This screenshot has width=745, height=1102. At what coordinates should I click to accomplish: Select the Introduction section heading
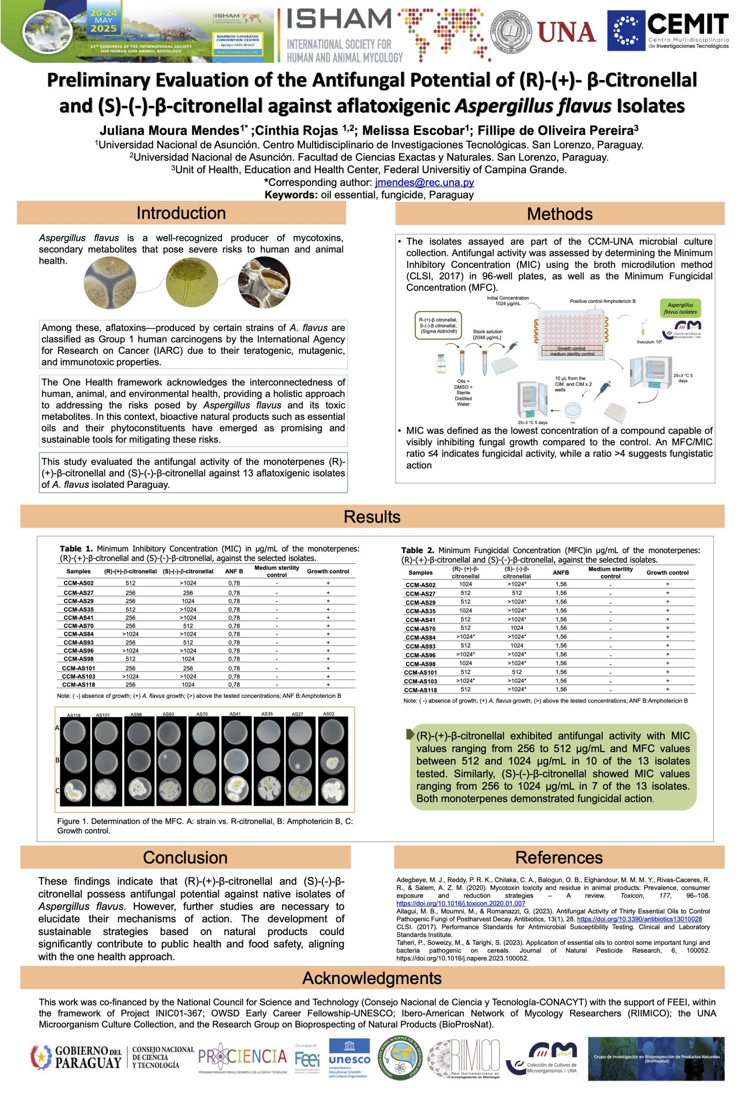[x=181, y=214]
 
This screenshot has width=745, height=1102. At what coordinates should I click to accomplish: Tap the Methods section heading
[x=559, y=214]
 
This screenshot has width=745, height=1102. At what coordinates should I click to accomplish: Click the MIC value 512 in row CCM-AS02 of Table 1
[x=130, y=583]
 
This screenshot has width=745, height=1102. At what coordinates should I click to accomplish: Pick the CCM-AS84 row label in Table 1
[x=79, y=634]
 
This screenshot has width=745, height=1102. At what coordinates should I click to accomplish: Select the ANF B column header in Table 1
[x=234, y=571]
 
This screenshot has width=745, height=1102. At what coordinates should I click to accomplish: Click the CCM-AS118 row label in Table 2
[x=420, y=690]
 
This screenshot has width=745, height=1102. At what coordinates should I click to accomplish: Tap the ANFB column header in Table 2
[x=561, y=573]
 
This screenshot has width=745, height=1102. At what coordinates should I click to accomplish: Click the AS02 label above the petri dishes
[x=328, y=714]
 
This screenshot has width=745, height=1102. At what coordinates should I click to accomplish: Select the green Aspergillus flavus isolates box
[x=680, y=308]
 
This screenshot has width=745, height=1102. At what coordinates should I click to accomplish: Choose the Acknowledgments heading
[x=372, y=978]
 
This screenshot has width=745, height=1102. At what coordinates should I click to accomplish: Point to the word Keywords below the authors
[x=290, y=195]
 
